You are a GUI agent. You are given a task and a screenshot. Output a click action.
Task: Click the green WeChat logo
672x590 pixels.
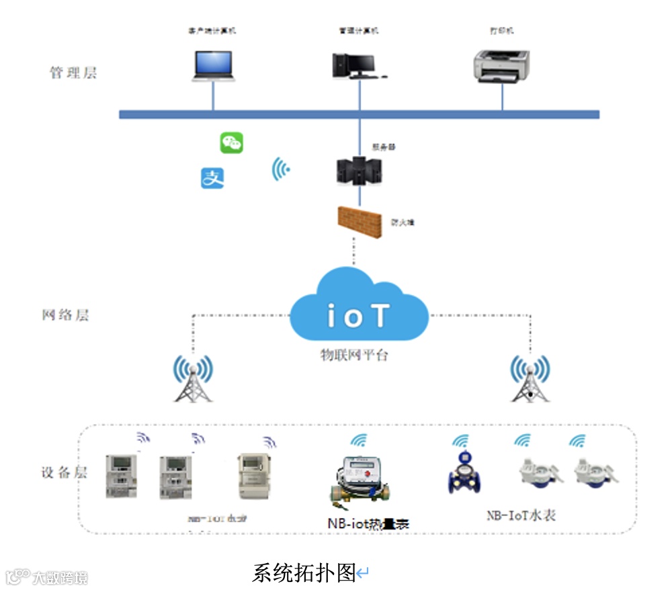point(232,142)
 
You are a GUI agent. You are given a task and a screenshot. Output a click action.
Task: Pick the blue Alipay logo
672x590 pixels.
point(212,178)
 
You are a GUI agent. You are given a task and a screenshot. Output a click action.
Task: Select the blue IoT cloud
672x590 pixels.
point(359,306)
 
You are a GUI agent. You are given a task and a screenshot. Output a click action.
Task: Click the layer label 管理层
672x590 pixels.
point(73,73)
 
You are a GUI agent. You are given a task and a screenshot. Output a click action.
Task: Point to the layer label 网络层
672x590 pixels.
point(65,314)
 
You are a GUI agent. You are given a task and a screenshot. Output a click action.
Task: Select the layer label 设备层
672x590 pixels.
point(65,472)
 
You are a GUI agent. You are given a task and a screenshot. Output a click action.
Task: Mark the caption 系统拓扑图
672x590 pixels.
point(304,573)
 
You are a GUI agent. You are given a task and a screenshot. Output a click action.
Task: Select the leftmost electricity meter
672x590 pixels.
point(122,475)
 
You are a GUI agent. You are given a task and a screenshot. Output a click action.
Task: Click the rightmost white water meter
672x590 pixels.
point(595,472)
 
